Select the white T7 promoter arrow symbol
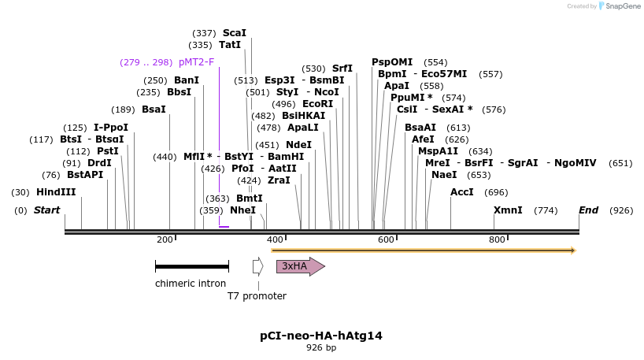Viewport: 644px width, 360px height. click(257, 266)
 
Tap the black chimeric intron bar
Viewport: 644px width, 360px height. click(191, 267)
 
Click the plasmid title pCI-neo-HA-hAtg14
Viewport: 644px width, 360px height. click(321, 336)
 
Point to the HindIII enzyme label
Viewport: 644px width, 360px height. click(56, 192)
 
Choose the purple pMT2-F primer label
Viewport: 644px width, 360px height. click(196, 62)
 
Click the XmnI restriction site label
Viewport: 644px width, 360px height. click(508, 210)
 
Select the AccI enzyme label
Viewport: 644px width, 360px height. click(462, 192)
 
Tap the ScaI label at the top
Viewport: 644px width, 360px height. click(235, 33)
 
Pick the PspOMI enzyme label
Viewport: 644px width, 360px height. click(392, 62)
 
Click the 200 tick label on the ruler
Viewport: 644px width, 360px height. click(165, 239)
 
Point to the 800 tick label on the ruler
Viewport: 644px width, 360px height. click(497, 239)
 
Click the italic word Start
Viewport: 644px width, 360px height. click(46, 210)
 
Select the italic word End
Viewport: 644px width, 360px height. click(588, 210)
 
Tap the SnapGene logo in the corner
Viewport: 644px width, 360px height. click(619, 6)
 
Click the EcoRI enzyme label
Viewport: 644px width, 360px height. click(317, 104)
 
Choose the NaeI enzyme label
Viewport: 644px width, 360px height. click(444, 175)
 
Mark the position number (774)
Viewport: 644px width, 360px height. click(546, 210)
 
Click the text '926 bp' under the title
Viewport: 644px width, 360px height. click(321, 347)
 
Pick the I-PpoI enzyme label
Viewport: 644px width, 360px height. click(111, 128)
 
